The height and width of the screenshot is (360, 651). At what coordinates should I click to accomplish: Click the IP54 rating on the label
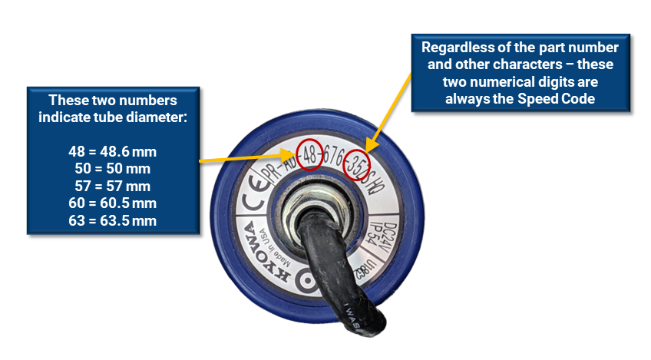(377, 236)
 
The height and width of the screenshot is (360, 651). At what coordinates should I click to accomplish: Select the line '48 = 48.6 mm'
(113, 152)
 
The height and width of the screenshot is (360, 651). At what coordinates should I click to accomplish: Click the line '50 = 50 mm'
(113, 168)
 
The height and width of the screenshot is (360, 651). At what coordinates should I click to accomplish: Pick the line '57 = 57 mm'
(113, 185)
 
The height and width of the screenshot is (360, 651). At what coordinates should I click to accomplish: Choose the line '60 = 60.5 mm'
(113, 203)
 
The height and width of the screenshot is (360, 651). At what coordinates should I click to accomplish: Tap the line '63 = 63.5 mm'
(113, 220)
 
